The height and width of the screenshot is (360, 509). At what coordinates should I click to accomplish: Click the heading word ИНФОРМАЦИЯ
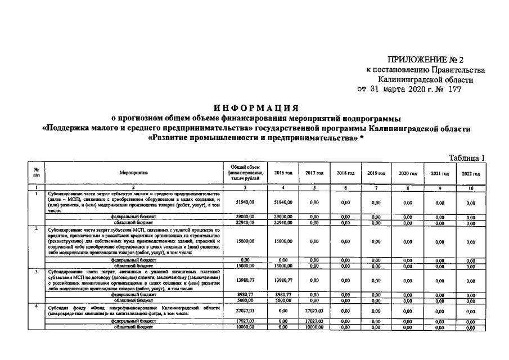(255, 107)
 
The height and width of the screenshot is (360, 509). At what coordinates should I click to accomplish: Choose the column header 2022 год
(471, 174)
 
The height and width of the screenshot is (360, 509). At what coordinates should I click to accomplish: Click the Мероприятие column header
(133, 174)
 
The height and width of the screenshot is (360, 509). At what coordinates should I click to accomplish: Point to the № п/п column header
(37, 174)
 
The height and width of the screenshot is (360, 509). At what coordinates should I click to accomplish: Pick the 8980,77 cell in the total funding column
(245, 294)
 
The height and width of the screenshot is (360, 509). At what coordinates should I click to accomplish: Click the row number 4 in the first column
(37, 306)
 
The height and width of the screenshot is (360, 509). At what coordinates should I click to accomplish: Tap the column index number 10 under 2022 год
(471, 187)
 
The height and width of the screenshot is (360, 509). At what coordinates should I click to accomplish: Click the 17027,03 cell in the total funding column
(245, 321)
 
